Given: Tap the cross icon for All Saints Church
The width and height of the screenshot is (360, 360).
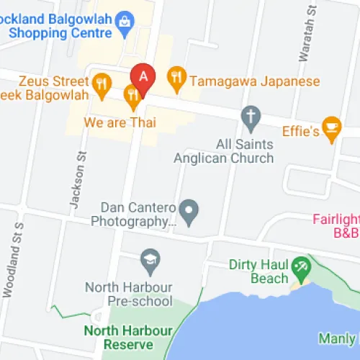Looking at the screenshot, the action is [x=250, y=115].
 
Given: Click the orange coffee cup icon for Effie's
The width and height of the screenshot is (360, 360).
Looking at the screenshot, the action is [x=331, y=127].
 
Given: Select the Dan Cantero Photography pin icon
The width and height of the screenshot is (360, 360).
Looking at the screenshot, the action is [x=189, y=211].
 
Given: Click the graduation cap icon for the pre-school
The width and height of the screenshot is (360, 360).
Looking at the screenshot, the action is [x=150, y=259].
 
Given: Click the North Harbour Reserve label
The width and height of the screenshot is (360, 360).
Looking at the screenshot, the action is [x=128, y=338].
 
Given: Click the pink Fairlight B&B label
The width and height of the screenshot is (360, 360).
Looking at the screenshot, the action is [x=337, y=226].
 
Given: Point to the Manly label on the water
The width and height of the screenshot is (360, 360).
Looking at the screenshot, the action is [x=337, y=338].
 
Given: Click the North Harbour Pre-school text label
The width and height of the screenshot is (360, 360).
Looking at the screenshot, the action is [x=129, y=294].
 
